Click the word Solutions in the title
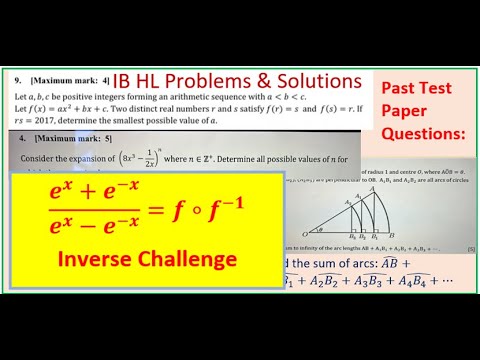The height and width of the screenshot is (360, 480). pos(309,80)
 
